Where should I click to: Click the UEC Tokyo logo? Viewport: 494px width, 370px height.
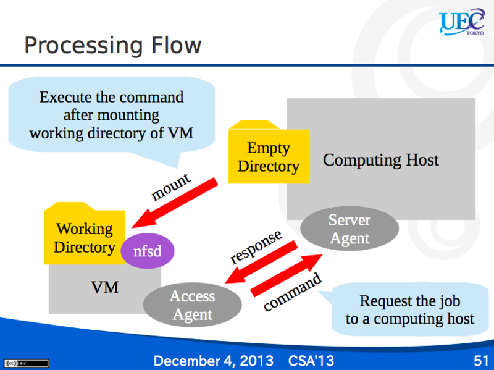pyautogui.click(x=462, y=22)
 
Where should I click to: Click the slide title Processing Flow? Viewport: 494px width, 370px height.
pyautogui.click(x=113, y=45)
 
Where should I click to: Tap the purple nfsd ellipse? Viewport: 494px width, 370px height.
pyautogui.click(x=148, y=251)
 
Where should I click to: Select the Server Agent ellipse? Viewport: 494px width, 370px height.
pyautogui.click(x=350, y=229)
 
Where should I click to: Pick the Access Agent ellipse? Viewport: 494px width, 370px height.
pyautogui.click(x=193, y=305)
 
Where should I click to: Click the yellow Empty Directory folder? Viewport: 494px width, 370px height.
pyautogui.click(x=269, y=152)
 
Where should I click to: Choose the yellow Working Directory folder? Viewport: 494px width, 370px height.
pyautogui.click(x=85, y=233)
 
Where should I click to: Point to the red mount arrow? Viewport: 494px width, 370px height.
pyautogui.click(x=175, y=203)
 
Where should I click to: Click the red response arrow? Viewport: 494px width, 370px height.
pyautogui.click(x=261, y=262)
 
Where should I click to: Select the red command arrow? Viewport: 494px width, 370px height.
pyautogui.click(x=287, y=275)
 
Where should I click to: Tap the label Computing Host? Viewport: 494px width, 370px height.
pyautogui.click(x=380, y=160)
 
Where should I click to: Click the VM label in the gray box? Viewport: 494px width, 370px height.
pyautogui.click(x=104, y=287)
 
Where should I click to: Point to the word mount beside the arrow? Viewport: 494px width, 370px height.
pyautogui.click(x=171, y=187)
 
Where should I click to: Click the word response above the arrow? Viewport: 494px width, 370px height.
pyautogui.click(x=256, y=247)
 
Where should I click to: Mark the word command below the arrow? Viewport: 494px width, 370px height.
pyautogui.click(x=292, y=292)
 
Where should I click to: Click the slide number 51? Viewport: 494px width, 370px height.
pyautogui.click(x=481, y=361)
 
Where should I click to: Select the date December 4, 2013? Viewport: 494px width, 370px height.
pyautogui.click(x=214, y=361)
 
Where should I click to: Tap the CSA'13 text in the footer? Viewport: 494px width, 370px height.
pyautogui.click(x=311, y=361)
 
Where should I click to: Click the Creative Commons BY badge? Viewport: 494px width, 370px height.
pyautogui.click(x=27, y=363)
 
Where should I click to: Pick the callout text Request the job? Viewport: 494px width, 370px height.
pyautogui.click(x=410, y=301)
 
